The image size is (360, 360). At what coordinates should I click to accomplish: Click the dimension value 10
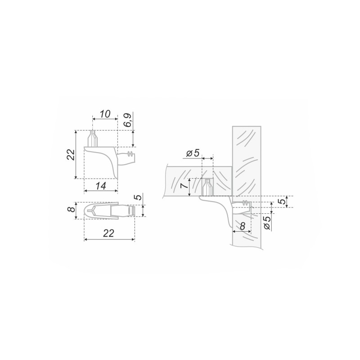tap(105, 114)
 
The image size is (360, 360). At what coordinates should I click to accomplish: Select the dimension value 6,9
tap(128, 120)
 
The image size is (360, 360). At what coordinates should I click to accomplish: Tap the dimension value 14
tap(101, 186)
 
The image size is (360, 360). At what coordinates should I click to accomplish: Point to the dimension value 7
tap(184, 186)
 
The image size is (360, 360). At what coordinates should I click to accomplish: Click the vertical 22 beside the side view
tap(71, 154)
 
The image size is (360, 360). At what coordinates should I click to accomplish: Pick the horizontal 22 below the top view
tap(108, 233)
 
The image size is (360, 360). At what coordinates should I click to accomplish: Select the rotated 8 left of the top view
tap(72, 209)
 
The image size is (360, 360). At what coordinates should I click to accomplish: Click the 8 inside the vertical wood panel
tap(242, 226)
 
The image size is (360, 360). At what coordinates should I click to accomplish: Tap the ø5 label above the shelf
tap(193, 153)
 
